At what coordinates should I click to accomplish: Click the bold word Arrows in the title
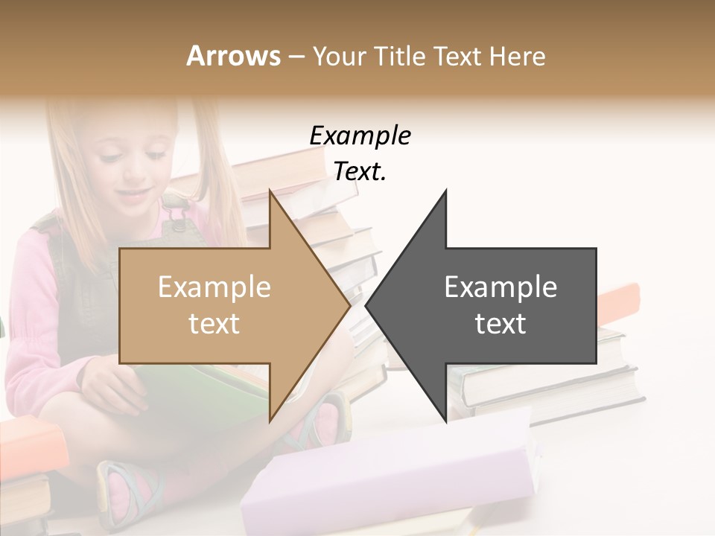(233, 56)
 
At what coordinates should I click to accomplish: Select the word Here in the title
(518, 56)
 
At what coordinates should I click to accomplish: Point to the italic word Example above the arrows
(360, 135)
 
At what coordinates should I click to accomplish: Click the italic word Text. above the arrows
(360, 172)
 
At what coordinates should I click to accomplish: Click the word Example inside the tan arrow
(214, 287)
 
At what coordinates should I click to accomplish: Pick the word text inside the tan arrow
(214, 324)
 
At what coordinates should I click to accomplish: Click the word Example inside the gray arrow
(500, 287)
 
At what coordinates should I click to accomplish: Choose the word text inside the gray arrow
(500, 324)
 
